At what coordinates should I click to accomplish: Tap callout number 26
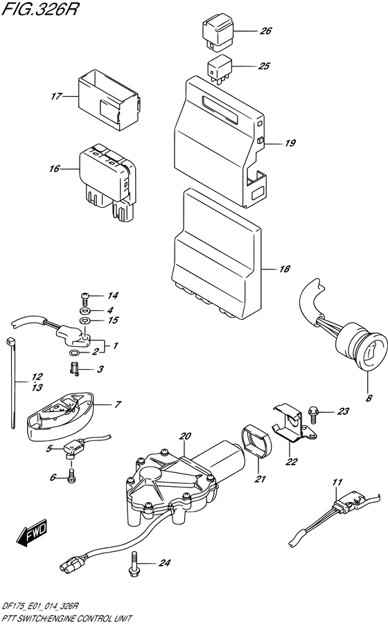point(265,30)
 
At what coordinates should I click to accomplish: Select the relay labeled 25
point(220,69)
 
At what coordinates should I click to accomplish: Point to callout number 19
point(290,143)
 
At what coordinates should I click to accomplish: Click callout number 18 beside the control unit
point(285,269)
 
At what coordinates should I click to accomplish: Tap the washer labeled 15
point(85,320)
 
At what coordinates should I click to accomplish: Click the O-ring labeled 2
point(75,352)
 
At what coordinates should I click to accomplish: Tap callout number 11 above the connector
point(337,482)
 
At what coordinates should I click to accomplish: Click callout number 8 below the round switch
point(369,397)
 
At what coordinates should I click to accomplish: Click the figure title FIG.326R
point(39,9)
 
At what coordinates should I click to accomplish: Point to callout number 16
point(54,169)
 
